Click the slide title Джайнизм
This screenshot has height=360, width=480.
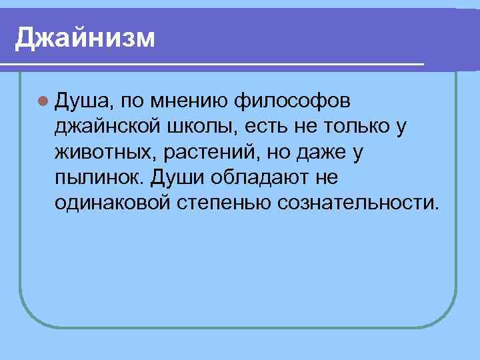(85, 37)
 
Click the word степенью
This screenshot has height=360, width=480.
(223, 203)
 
